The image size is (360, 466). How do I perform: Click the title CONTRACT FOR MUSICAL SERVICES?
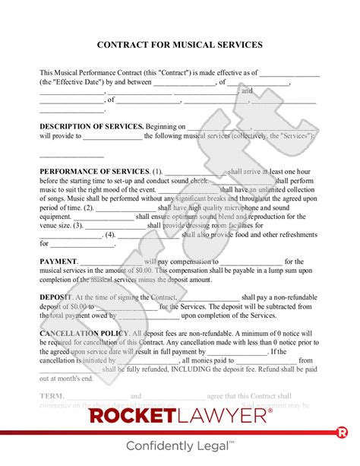(x=180, y=45)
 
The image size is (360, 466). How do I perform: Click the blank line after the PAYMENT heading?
(x=110, y=262)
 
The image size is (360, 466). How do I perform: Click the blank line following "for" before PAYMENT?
(x=82, y=244)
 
